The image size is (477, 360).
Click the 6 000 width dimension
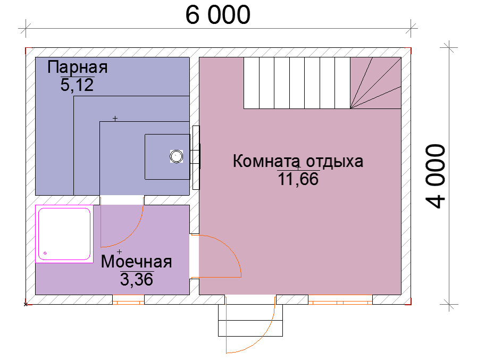coord(218,15)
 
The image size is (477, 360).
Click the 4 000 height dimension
coord(436,176)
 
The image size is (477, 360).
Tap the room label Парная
coord(78,67)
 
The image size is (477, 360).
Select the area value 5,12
coord(77,85)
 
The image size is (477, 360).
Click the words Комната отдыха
coord(298,161)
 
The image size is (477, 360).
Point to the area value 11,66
coord(298,179)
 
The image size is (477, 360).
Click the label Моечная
coord(136,262)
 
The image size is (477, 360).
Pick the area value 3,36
coord(137,279)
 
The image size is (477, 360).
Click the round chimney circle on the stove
coord(176,156)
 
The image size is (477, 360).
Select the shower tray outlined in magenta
coord(64,234)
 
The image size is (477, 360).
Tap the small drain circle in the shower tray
coord(45,253)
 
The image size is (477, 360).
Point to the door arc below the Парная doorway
coord(131,235)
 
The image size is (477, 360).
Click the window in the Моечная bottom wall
coord(128,300)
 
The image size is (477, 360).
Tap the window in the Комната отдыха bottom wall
coord(340,300)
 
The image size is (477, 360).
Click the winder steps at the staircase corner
coord(375,83)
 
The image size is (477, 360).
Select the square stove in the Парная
coord(168,157)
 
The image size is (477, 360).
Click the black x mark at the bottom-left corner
coord(26,304)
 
